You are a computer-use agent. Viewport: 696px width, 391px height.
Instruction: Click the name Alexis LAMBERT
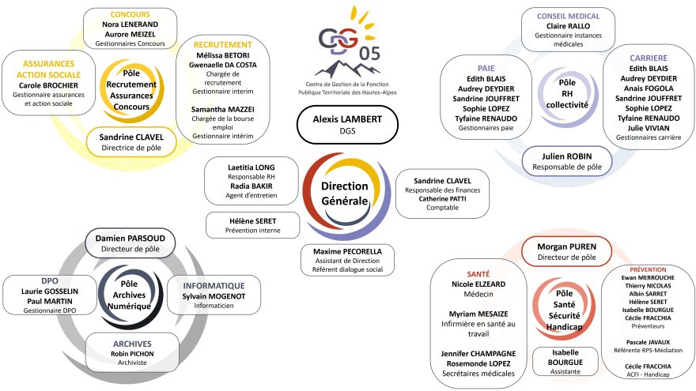pos(347,119)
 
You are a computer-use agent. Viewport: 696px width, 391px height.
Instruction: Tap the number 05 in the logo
pos(369,54)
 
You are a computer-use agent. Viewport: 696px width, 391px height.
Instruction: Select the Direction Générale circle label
pos(345,194)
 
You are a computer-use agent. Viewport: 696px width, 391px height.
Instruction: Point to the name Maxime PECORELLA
pos(347,251)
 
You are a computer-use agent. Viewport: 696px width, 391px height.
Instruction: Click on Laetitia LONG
pos(252,167)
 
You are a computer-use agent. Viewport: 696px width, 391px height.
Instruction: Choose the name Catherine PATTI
pos(443,198)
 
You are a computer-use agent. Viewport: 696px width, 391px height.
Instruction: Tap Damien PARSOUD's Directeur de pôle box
pos(130,243)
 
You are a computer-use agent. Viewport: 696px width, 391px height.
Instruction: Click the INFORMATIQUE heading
pos(214,286)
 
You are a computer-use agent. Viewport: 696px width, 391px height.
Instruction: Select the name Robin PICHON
pos(132,354)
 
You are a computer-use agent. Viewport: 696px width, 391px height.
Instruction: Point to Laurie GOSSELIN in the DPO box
pos(50,291)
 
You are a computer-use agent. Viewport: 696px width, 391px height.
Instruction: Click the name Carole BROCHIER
pos(48,85)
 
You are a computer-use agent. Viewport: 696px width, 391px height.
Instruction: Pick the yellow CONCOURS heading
pos(130,15)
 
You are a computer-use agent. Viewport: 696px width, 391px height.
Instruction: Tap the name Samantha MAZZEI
pos(223,110)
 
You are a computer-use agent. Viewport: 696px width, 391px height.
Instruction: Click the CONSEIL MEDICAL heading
pos(568,17)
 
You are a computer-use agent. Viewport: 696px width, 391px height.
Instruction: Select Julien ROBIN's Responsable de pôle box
pos(567,161)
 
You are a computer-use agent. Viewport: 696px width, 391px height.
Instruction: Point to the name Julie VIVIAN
pos(649,128)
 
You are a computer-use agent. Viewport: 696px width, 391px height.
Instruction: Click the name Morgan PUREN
pos(567,246)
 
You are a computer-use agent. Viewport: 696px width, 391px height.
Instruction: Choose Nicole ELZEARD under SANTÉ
pos(478,284)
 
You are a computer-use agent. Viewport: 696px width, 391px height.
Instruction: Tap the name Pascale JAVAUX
pos(648,342)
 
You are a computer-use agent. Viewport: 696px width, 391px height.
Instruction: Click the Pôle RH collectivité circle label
pos(567,93)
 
